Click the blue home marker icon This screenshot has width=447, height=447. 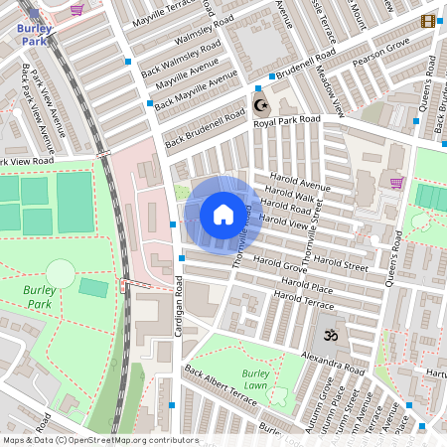pyautogui.click(x=223, y=215)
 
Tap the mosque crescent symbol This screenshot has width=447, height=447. pyautogui.click(x=261, y=104)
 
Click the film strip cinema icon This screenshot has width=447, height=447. pyautogui.click(x=428, y=21)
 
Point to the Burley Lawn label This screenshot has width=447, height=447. pyautogui.click(x=254, y=378)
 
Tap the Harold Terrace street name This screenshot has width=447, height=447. pyautogui.click(x=303, y=298)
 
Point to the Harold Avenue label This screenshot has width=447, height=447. pyautogui.click(x=299, y=186)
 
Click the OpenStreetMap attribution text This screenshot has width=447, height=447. pyautogui.click(x=99, y=440)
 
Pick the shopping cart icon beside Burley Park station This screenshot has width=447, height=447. pyautogui.click(x=76, y=9)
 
